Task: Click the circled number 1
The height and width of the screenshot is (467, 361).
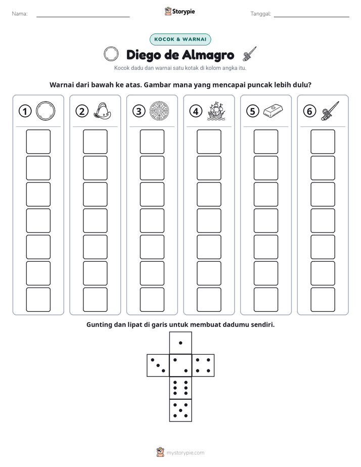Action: (x=25, y=111)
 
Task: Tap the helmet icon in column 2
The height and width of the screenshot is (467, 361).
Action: (x=102, y=111)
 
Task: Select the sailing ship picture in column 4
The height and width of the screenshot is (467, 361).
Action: (x=216, y=111)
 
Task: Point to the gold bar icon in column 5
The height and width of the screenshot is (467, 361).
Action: (x=273, y=111)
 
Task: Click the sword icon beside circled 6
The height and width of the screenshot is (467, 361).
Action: (x=330, y=111)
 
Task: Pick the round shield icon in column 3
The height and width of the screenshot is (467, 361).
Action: (x=159, y=111)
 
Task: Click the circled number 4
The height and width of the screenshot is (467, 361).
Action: (x=196, y=111)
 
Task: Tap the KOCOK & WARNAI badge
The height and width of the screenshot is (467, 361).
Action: (x=180, y=39)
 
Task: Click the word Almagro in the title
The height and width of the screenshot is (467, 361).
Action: (x=208, y=55)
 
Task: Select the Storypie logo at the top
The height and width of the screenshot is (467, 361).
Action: (x=179, y=11)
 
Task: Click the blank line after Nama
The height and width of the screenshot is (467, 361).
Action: (x=83, y=17)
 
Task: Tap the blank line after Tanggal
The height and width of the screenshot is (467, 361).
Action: (x=311, y=17)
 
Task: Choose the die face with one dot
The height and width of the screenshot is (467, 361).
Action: (x=180, y=343)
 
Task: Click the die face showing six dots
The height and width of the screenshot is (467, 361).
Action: (x=180, y=388)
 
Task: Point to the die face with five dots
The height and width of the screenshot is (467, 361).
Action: (x=180, y=410)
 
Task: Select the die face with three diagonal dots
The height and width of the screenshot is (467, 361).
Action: (x=158, y=365)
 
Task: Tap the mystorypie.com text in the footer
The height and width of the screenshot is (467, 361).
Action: (x=185, y=453)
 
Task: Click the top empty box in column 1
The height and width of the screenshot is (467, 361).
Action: (x=38, y=142)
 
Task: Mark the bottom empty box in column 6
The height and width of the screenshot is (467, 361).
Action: (x=323, y=300)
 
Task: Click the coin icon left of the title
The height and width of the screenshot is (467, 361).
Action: (x=111, y=54)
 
